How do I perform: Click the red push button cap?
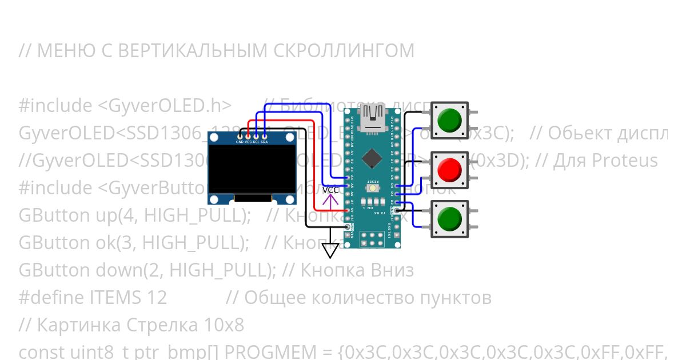tap(449, 169)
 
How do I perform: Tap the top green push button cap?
tap(449, 120)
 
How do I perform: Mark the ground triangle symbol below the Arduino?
tap(330, 250)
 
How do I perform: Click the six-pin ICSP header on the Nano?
tap(372, 238)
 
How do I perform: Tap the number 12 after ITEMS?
tap(155, 298)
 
